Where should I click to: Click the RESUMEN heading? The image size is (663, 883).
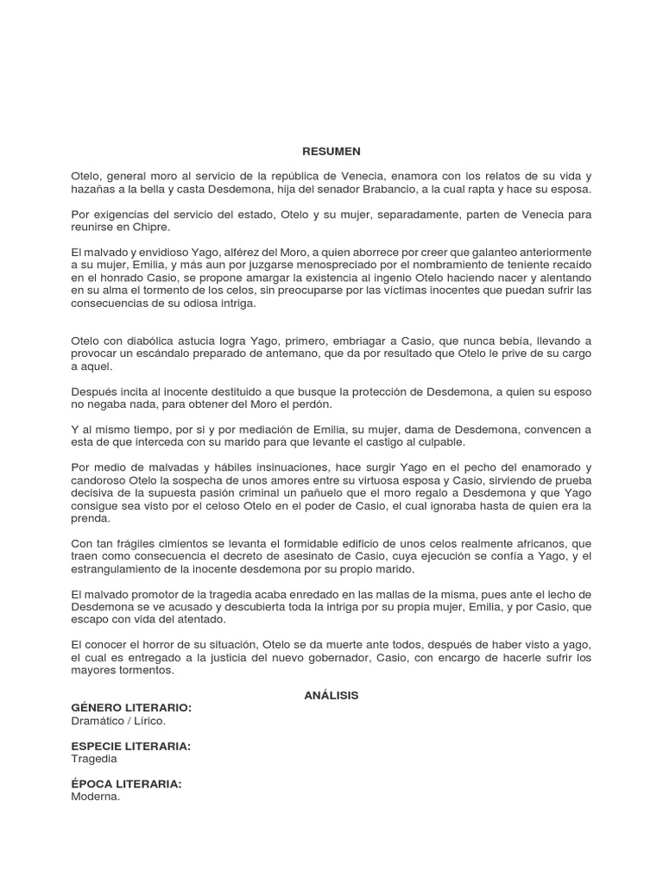(x=331, y=151)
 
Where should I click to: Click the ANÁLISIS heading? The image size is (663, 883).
(x=331, y=694)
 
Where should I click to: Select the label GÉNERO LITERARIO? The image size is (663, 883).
(x=131, y=707)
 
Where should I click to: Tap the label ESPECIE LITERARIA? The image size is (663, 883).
(x=130, y=746)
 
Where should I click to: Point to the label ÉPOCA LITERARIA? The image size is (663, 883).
(x=126, y=785)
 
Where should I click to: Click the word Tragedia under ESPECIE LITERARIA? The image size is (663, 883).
(x=94, y=760)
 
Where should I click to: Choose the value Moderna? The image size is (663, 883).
(x=96, y=798)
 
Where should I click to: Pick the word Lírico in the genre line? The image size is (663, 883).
(x=146, y=720)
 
